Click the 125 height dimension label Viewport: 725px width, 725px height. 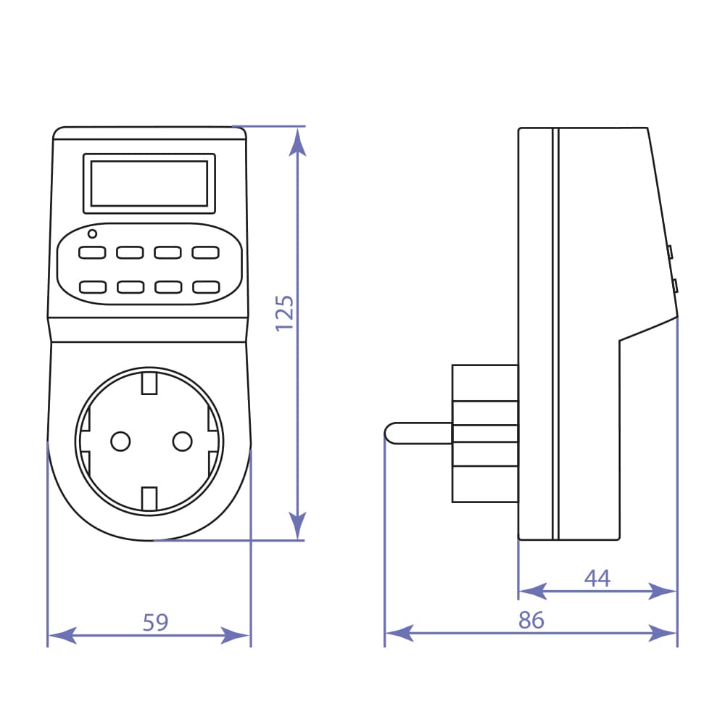tap(285, 313)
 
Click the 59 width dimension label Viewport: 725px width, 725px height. tap(155, 622)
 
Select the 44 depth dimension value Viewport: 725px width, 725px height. tap(597, 579)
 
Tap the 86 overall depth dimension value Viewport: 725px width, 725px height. tap(531, 621)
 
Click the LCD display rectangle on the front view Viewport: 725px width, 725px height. tap(149, 183)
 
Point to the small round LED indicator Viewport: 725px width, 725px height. tap(92, 233)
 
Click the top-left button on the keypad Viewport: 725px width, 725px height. tap(92, 253)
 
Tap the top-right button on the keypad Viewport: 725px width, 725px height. tap(205, 253)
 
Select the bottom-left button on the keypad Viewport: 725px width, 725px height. tap(92, 286)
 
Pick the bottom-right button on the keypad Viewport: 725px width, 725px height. tap(205, 286)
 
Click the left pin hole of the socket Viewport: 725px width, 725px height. tap(120, 440)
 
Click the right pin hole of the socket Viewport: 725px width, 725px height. tap(181, 440)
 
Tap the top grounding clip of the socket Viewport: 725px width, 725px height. tap(149, 382)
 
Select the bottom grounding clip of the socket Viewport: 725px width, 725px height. tap(149, 499)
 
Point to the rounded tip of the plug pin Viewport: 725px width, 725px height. tap(390, 433)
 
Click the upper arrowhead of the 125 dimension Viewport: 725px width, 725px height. tap(297, 142)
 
